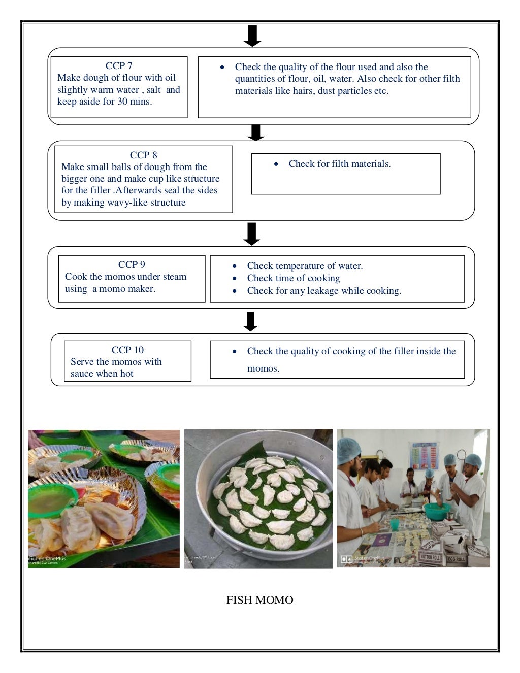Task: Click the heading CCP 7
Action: tap(119, 65)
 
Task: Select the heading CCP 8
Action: tap(143, 155)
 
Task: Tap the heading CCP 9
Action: tap(132, 264)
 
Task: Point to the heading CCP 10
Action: tap(127, 350)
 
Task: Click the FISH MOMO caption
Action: tap(259, 600)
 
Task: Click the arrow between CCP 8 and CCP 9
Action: tap(251, 233)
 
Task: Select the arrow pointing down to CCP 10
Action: tap(250, 321)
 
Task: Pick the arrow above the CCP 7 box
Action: tap(252, 36)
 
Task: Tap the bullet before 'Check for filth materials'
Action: tap(276, 164)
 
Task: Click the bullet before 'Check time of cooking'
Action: tap(234, 278)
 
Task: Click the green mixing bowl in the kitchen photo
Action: tap(436, 510)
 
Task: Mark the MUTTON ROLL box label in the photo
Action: tap(430, 557)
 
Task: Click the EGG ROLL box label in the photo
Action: tap(457, 559)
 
